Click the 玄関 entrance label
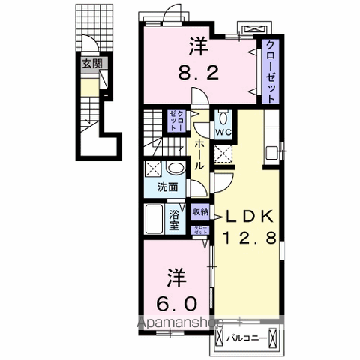pyautogui.click(x=91, y=64)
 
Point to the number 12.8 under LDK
pyautogui.click(x=251, y=239)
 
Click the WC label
pyautogui.click(x=223, y=133)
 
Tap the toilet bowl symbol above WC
pyautogui.click(x=223, y=118)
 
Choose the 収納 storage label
pyautogui.click(x=200, y=212)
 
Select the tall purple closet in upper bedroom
pyautogui.click(x=268, y=71)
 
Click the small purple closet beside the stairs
pyautogui.click(x=173, y=120)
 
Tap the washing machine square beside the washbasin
pyautogui.click(x=152, y=168)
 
